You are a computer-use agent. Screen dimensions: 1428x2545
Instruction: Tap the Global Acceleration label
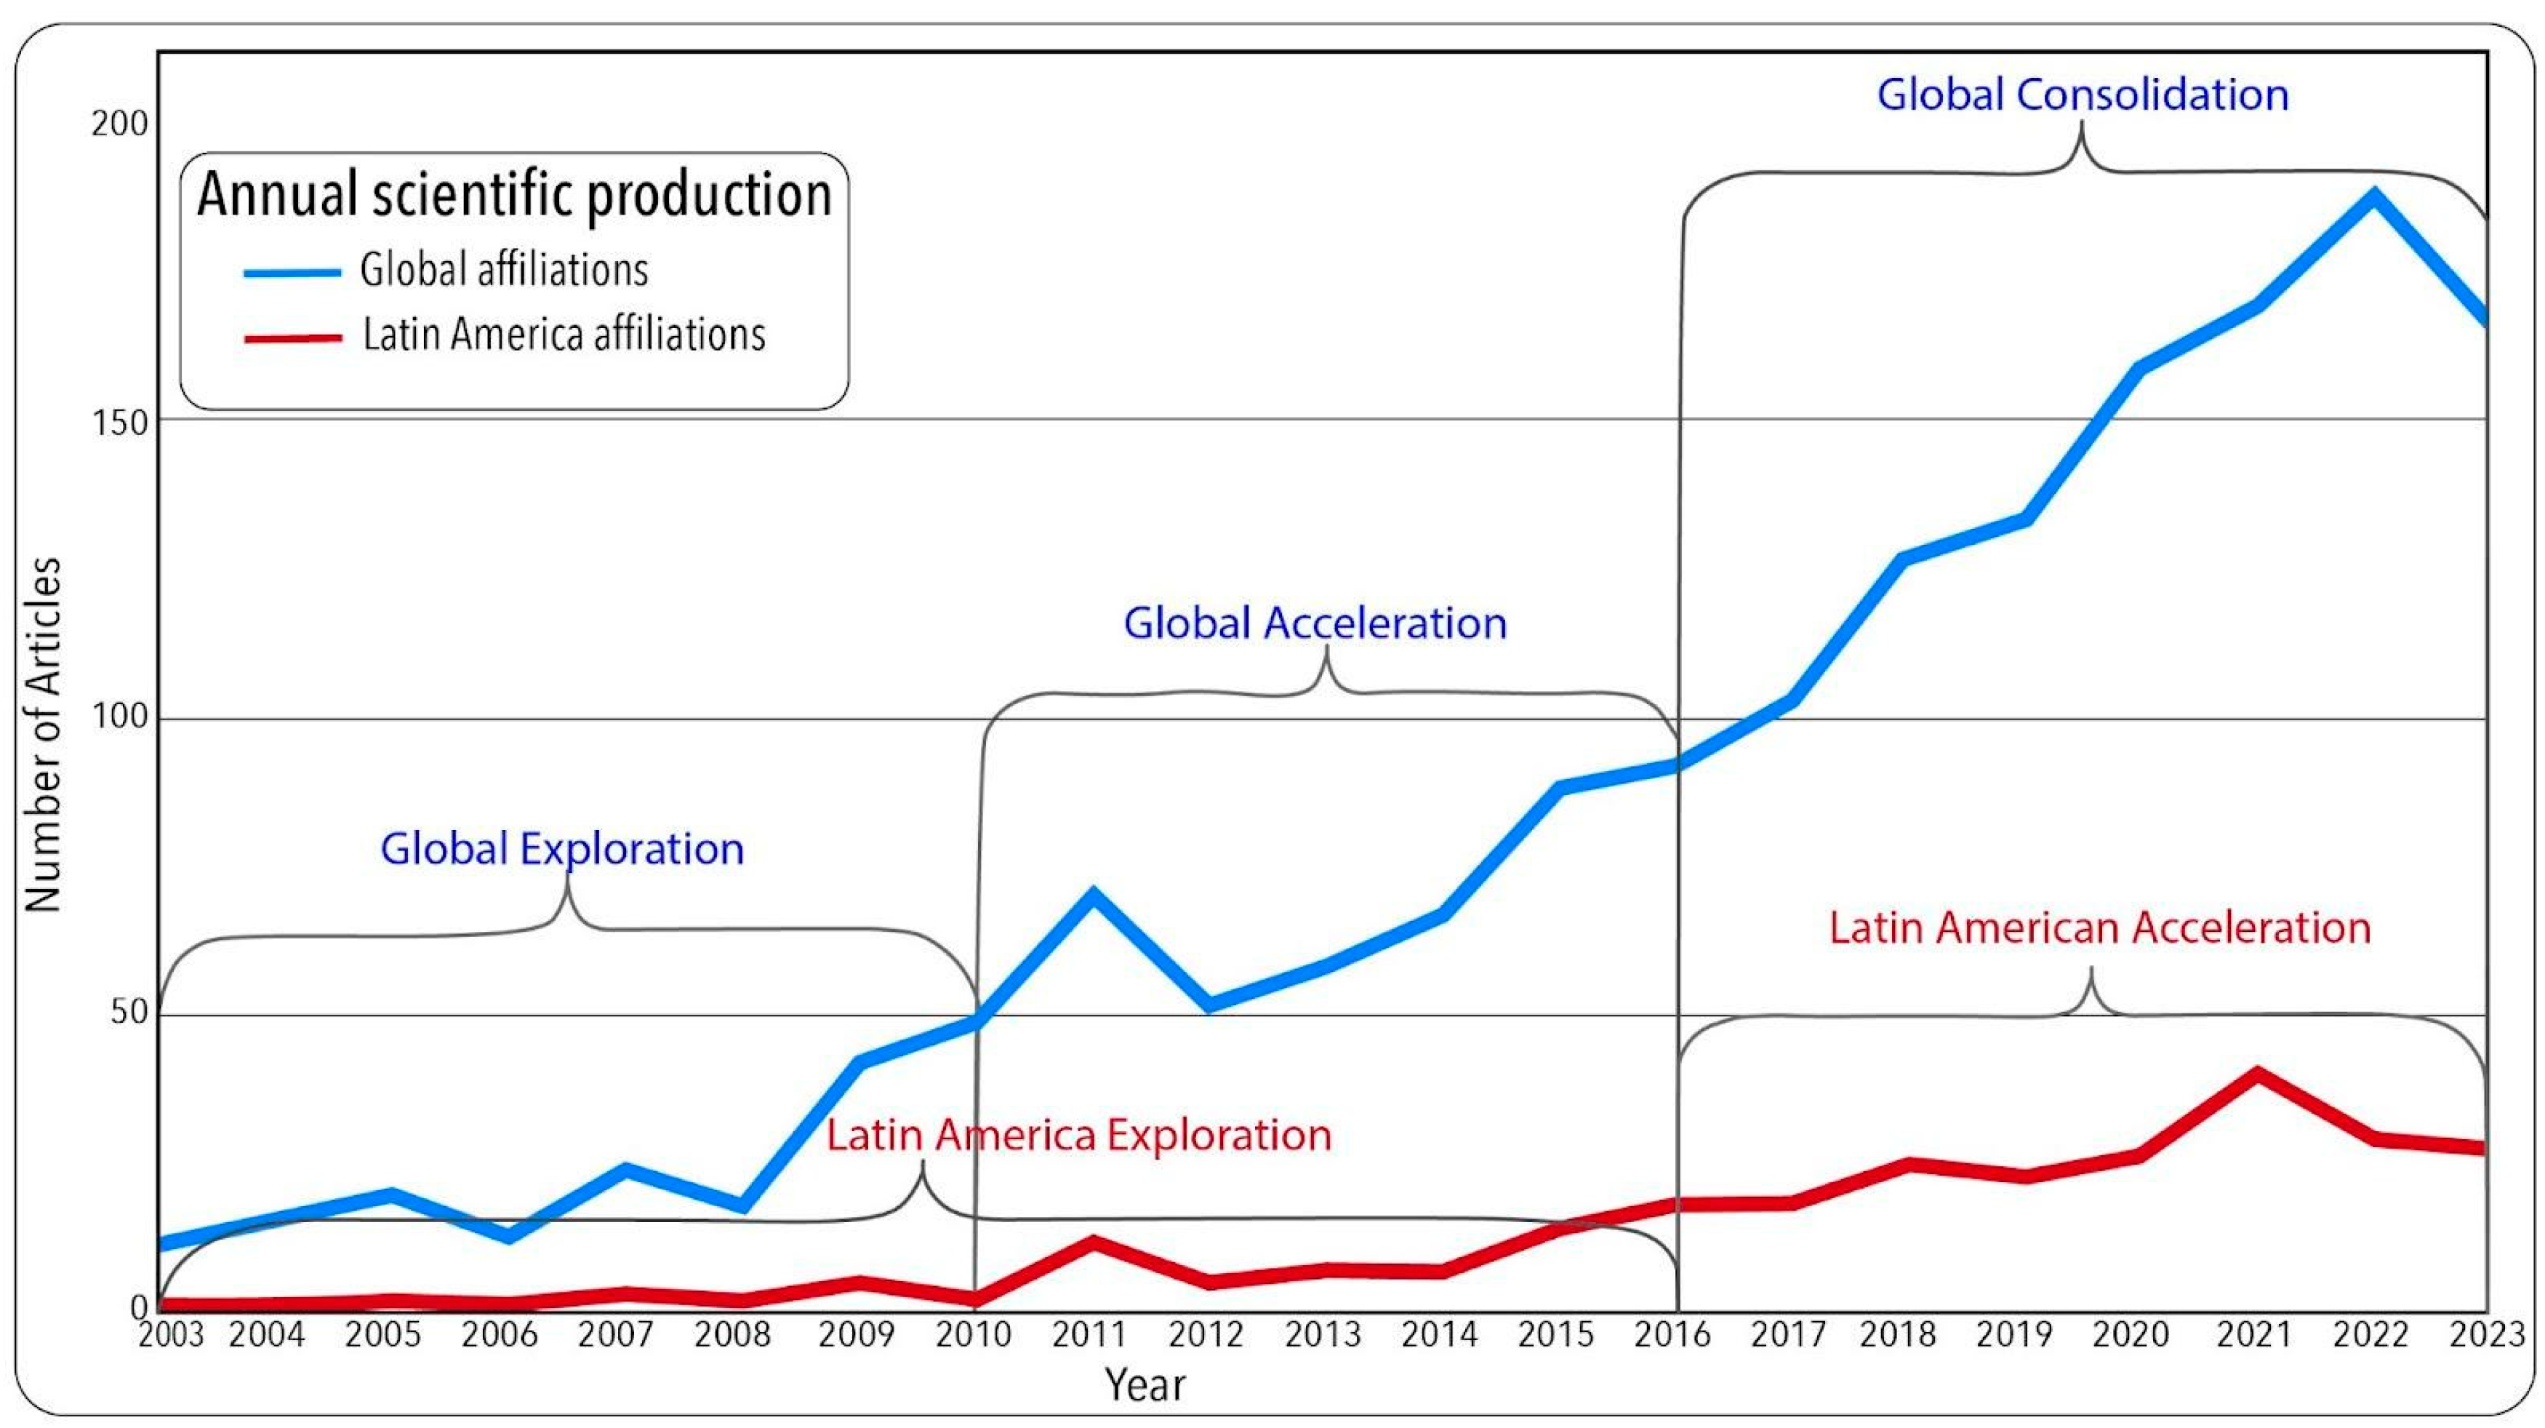1315,623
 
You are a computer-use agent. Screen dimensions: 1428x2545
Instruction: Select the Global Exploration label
562,849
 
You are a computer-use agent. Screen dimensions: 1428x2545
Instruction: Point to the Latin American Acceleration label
2099,928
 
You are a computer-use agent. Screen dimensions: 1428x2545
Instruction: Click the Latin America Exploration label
1079,1136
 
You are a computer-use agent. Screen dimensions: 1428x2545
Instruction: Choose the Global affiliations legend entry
503,271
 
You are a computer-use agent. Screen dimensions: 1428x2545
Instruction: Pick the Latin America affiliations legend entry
563,335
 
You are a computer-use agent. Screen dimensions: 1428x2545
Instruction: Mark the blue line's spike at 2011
1093,894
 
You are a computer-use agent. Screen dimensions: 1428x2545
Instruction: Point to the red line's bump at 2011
1093,1242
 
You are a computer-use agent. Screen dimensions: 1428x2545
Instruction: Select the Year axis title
1144,1384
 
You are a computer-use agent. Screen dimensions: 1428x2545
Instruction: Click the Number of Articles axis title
44,733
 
